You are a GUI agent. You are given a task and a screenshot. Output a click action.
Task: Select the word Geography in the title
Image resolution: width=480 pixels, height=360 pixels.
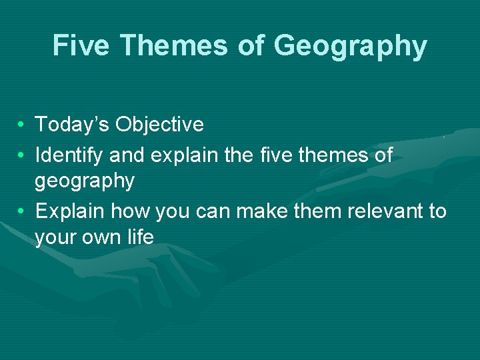pyautogui.click(x=349, y=47)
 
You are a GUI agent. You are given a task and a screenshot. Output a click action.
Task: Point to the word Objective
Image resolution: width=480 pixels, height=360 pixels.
pyautogui.click(x=159, y=125)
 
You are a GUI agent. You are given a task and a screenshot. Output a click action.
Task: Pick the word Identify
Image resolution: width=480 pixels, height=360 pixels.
pyautogui.click(x=69, y=156)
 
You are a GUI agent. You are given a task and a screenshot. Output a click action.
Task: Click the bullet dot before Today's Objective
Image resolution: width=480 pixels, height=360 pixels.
pyautogui.click(x=22, y=125)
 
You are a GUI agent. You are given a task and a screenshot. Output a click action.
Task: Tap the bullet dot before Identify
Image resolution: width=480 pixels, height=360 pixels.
pyautogui.click(x=22, y=156)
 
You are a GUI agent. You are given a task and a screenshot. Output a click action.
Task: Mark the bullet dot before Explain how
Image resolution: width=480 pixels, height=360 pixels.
pyautogui.click(x=22, y=211)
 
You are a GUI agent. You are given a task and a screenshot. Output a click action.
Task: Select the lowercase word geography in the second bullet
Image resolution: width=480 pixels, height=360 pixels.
pyautogui.click(x=85, y=181)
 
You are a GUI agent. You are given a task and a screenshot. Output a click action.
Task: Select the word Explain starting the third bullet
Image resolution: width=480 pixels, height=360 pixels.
pyautogui.click(x=70, y=212)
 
